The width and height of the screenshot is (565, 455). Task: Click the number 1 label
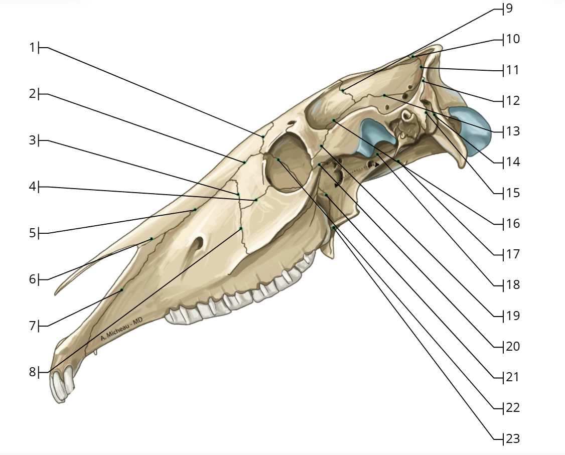coord(33,47)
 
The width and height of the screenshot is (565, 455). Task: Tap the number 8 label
coord(33,372)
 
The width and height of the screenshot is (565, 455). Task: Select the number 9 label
coord(509,8)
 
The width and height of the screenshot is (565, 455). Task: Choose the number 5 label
coord(33,233)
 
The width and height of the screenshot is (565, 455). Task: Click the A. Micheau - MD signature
coord(121,329)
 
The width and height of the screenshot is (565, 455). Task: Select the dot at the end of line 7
coord(122,289)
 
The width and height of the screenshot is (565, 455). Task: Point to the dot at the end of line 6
coord(152,238)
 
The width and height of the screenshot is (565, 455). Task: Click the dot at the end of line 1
coord(263,136)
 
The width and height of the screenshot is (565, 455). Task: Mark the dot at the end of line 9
coord(343,90)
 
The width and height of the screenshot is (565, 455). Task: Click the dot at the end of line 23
coord(334,228)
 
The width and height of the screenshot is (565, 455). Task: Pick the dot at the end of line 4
coord(256,200)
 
